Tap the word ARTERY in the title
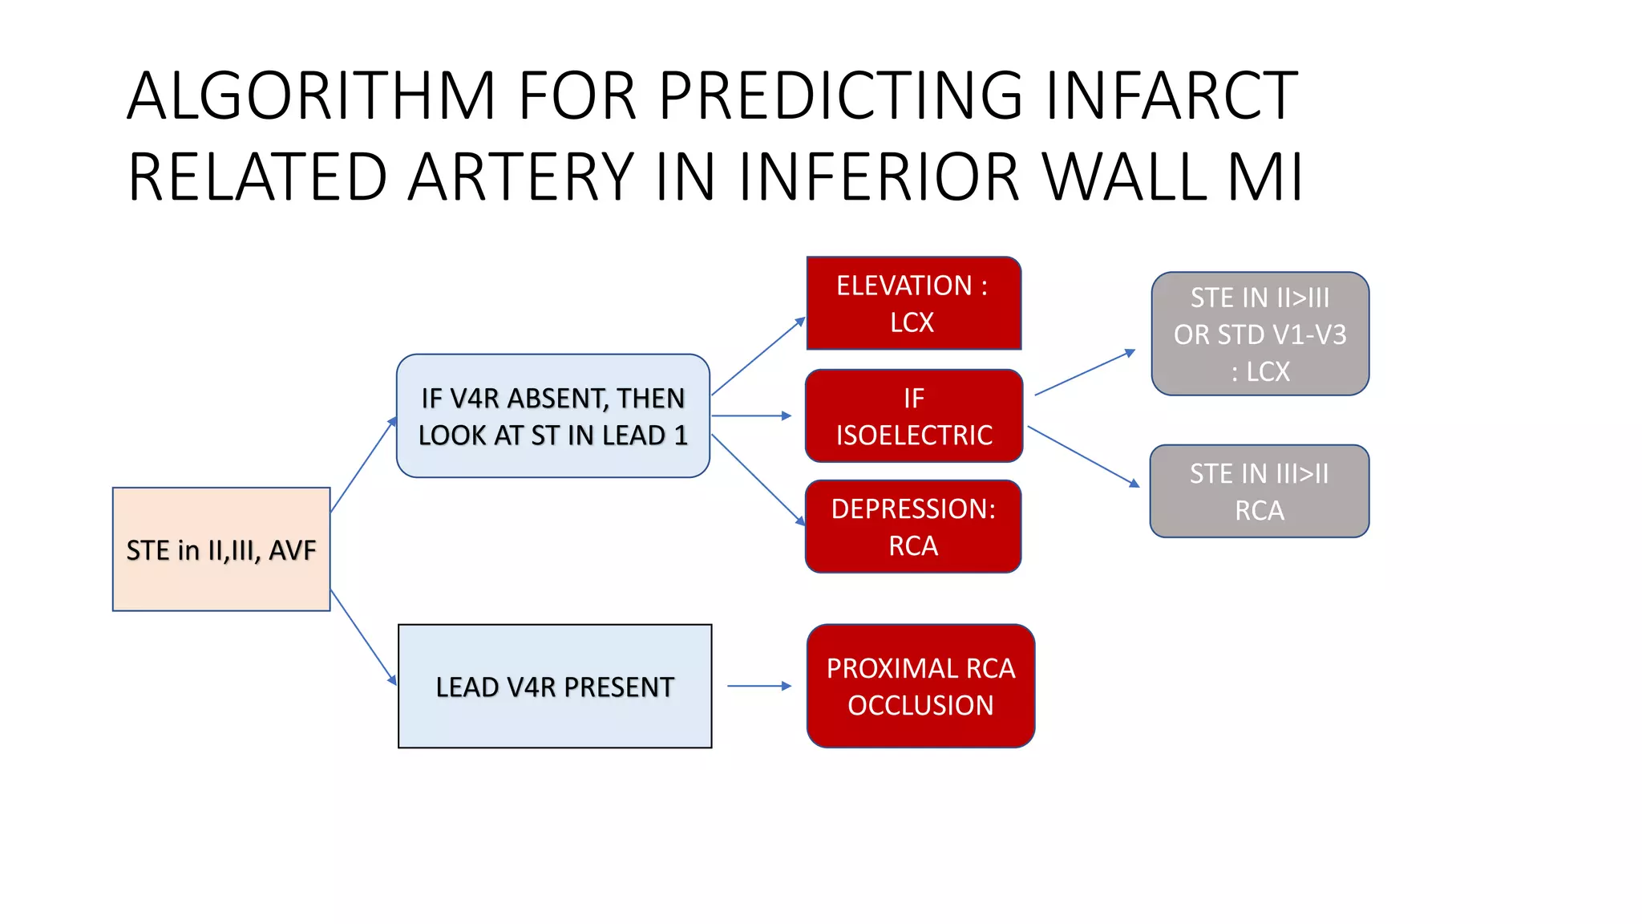521,177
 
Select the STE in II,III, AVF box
221,549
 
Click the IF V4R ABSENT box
552,415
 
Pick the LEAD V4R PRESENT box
555,687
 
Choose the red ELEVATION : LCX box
913,303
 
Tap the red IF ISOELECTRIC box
913,415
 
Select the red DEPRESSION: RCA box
913,527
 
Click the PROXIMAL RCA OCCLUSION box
920,687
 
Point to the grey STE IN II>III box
1260,334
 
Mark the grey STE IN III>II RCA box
1259,491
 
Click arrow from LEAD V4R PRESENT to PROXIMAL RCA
758,686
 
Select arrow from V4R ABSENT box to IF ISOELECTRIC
750,415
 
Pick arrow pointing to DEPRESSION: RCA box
758,480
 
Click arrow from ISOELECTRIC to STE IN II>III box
1085,373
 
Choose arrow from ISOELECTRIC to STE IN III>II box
1083,456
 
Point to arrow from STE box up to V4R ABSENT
363,464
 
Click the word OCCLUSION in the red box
920,706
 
